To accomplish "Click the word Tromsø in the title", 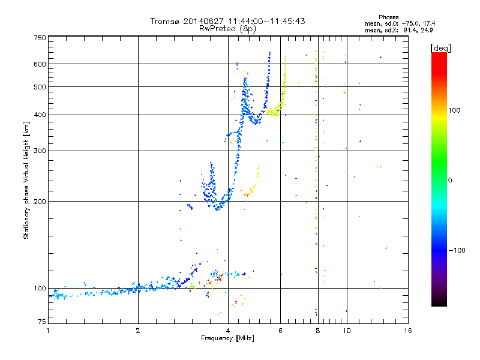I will click(165, 21).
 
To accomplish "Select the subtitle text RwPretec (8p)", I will click(228, 28).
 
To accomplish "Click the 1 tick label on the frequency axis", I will click(48, 331).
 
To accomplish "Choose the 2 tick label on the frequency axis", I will click(138, 331).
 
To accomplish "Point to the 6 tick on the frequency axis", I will click(281, 331).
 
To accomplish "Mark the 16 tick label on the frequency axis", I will click(407, 331).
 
